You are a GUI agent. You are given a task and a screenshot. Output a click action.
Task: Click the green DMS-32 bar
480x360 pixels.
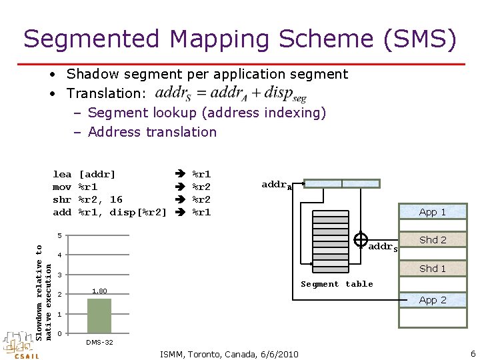(x=99, y=315)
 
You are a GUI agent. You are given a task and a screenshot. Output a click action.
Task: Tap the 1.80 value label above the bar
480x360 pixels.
(x=99, y=291)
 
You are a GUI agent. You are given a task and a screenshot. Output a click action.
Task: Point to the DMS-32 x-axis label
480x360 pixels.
(x=99, y=342)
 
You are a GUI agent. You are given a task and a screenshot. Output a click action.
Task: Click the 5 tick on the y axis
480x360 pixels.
(x=59, y=236)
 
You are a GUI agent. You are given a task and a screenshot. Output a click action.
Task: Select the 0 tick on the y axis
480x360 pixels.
(x=59, y=333)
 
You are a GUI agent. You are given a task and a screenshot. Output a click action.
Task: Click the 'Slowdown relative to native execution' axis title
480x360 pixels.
(x=43, y=292)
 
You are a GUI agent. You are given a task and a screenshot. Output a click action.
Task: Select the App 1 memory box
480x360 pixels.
(x=433, y=212)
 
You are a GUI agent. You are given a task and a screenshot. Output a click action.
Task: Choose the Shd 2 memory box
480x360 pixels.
(x=433, y=240)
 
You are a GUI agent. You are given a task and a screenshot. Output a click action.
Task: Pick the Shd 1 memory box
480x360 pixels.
(x=433, y=268)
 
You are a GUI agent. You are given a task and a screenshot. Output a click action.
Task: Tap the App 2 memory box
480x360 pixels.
(x=433, y=300)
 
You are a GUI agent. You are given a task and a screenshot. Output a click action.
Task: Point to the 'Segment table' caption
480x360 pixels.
(x=337, y=284)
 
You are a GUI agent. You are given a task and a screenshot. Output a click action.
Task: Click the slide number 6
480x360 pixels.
(x=473, y=353)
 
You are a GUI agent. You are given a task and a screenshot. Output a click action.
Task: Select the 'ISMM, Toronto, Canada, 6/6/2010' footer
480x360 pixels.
(x=229, y=353)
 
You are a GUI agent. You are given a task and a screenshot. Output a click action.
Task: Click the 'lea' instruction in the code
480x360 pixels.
(x=62, y=175)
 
